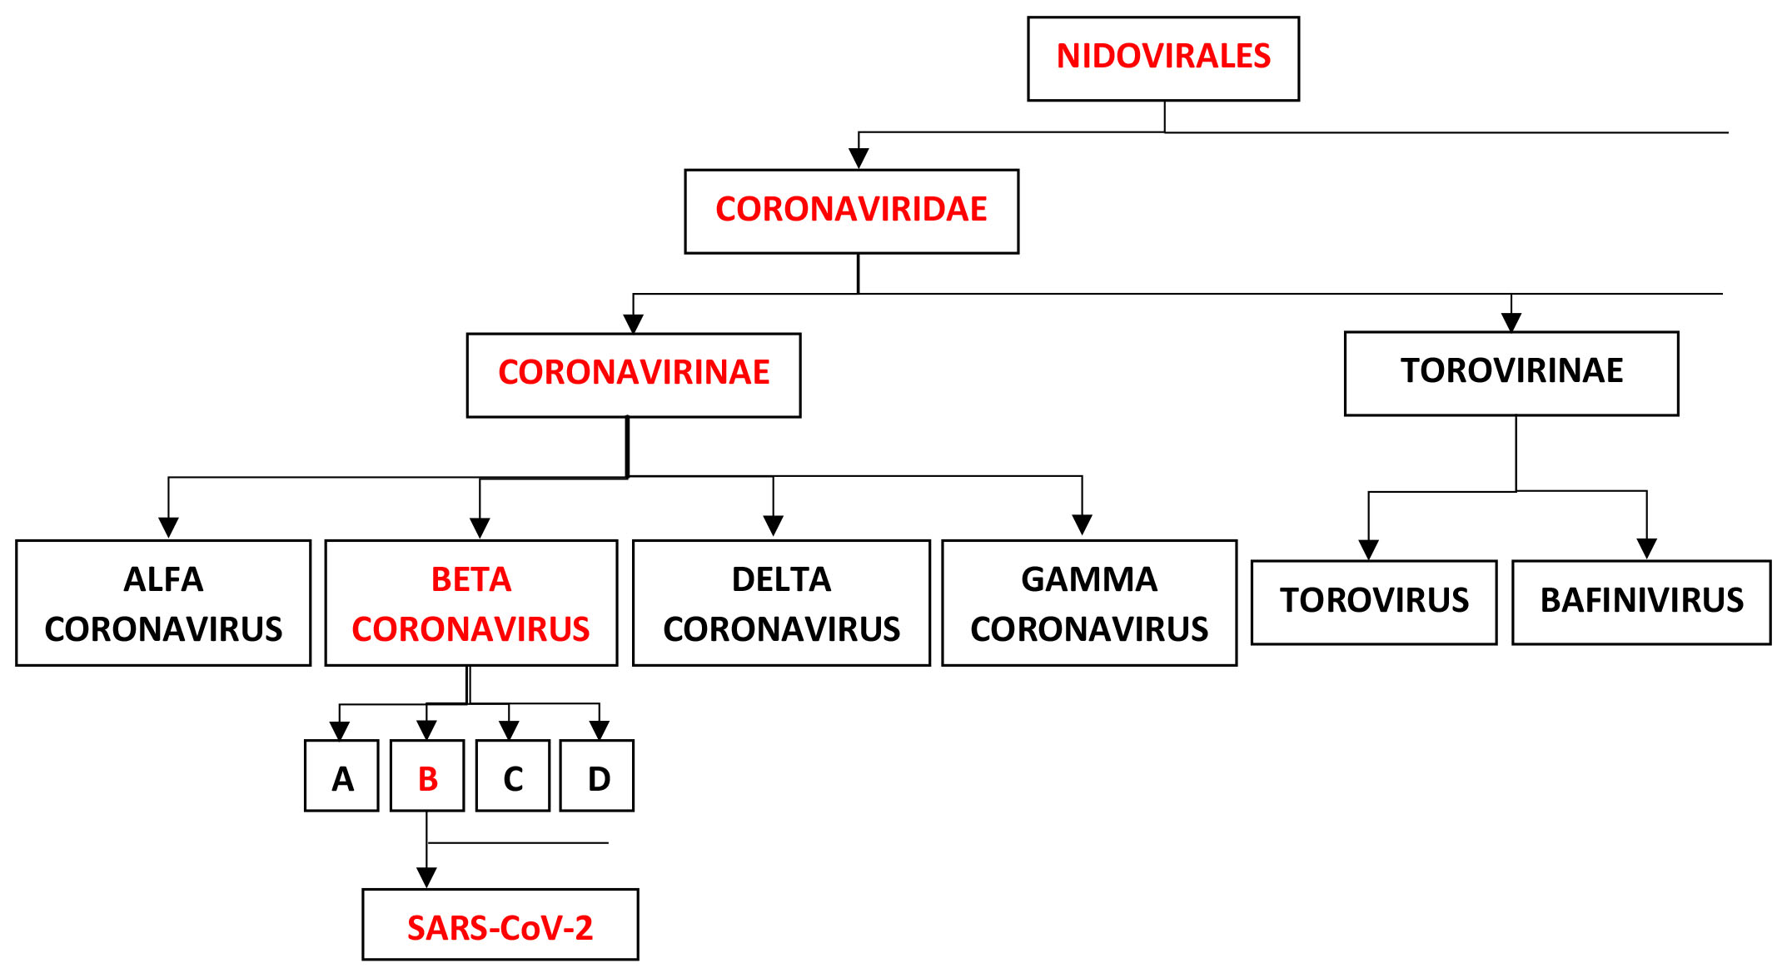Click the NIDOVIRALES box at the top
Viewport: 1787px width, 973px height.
(x=1163, y=58)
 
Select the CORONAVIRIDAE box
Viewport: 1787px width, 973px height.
(x=851, y=211)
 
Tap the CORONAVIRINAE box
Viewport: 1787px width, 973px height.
(x=634, y=375)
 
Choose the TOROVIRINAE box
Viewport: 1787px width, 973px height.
(x=1511, y=374)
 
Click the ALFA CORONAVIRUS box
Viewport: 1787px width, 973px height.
(x=163, y=603)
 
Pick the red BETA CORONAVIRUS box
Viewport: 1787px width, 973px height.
(x=471, y=603)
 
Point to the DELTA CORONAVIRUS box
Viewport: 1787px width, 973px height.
(x=781, y=603)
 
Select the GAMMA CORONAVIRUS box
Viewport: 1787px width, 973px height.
(x=1089, y=603)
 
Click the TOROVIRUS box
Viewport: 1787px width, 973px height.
(x=1374, y=602)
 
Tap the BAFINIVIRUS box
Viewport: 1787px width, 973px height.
(x=1641, y=602)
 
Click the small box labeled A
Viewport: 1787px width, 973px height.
(x=341, y=775)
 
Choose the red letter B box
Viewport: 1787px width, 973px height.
(x=427, y=775)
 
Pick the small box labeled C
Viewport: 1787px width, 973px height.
(x=513, y=775)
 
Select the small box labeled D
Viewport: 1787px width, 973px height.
(x=597, y=775)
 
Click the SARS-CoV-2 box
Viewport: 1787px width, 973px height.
(x=500, y=924)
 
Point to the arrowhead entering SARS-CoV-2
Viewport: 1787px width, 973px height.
(x=426, y=877)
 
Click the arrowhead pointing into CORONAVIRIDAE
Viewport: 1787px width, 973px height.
(x=859, y=158)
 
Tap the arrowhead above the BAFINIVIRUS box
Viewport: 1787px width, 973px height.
(x=1646, y=549)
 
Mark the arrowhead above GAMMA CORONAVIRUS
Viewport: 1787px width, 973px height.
(x=1082, y=524)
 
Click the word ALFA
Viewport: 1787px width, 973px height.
(x=163, y=579)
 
